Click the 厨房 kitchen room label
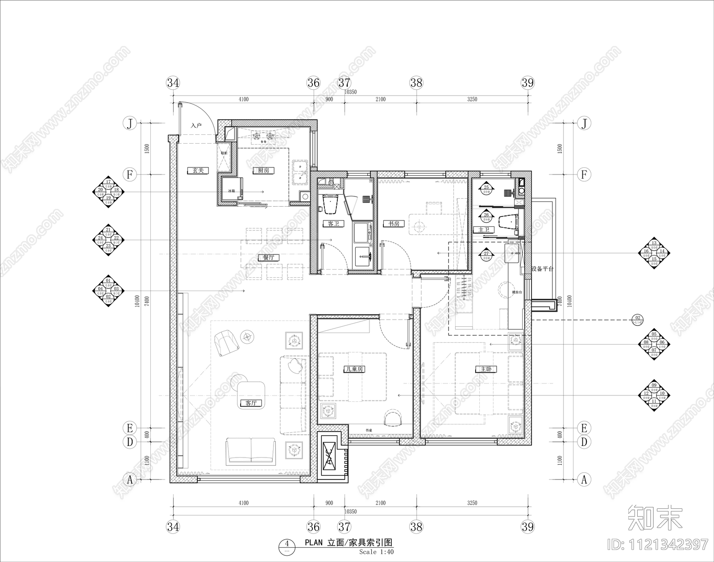(263, 171)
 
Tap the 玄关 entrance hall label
(198, 171)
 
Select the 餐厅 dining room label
(268, 258)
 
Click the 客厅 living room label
(251, 403)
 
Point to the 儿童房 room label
(354, 369)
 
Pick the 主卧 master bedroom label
(486, 369)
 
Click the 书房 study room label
(393, 223)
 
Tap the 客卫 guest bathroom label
(333, 223)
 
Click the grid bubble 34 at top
(173, 83)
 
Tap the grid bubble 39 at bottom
(527, 527)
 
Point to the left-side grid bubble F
(129, 174)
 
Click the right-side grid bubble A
(584, 479)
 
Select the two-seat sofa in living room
(251, 450)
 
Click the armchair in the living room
(226, 342)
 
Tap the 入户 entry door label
(196, 126)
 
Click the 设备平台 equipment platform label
(542, 269)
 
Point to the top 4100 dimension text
(243, 99)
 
